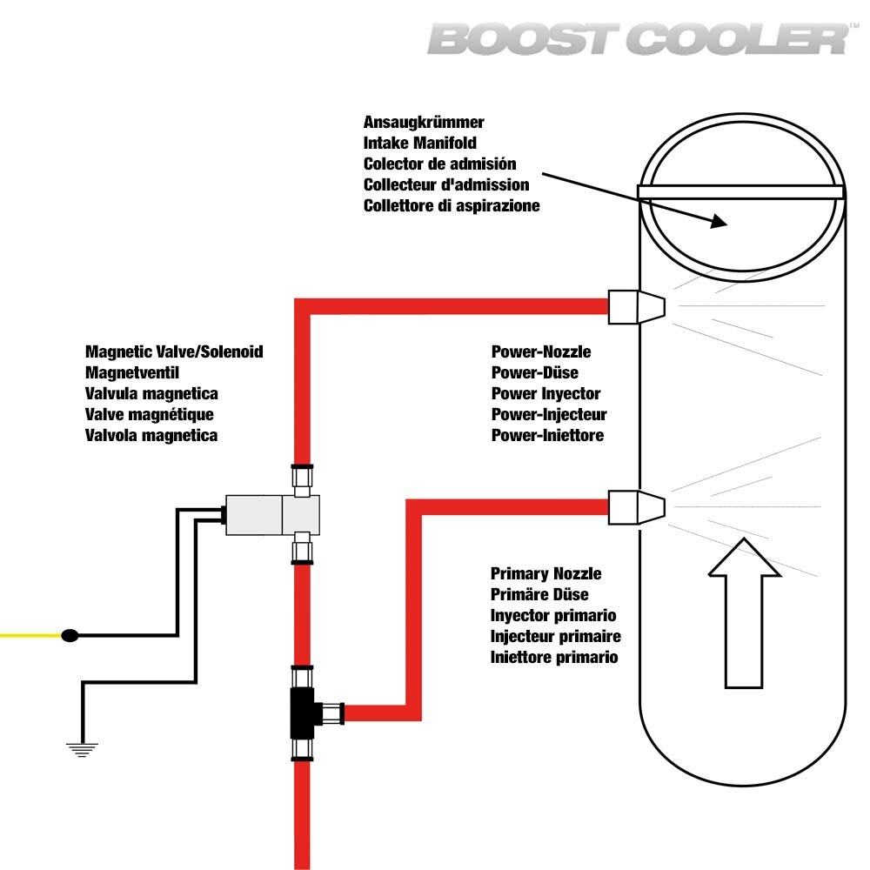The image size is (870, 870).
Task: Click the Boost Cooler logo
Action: click(x=639, y=39)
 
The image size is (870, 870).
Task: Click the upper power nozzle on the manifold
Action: click(x=636, y=306)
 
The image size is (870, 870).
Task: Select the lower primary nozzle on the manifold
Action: click(x=636, y=507)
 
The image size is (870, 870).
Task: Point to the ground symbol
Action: click(x=83, y=748)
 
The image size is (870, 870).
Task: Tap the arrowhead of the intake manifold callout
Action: click(x=719, y=222)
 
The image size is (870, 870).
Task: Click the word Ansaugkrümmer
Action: click(x=424, y=122)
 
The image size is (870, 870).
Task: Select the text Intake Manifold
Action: click(x=420, y=143)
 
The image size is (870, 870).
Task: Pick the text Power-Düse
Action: click(x=535, y=373)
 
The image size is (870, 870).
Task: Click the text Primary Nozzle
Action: click(x=546, y=573)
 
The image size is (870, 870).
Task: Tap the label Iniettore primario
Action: click(x=554, y=657)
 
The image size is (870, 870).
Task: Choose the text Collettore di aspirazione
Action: click(x=452, y=205)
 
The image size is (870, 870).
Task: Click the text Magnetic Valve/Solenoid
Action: click(x=174, y=352)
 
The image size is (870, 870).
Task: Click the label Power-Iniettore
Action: click(x=547, y=435)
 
